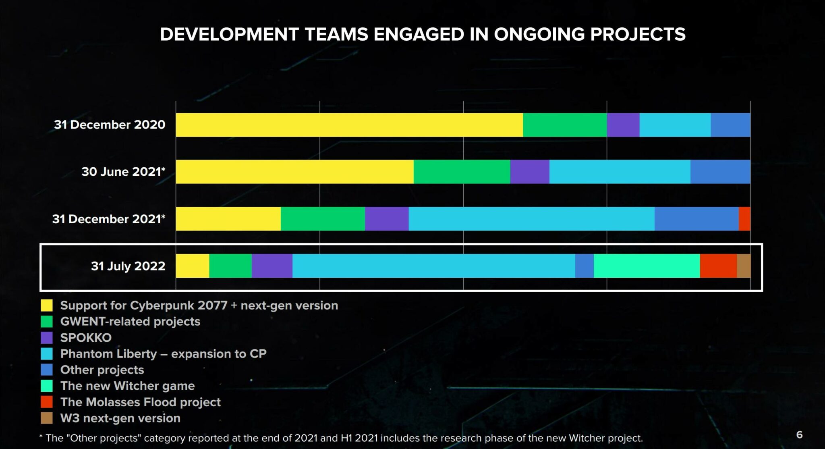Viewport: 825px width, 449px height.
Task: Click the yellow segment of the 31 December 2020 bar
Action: point(349,125)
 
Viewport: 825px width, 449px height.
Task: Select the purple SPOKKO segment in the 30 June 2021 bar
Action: point(529,172)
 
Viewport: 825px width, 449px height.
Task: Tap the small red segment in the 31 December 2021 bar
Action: point(744,219)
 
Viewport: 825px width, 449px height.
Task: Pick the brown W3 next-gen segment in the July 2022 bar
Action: point(744,266)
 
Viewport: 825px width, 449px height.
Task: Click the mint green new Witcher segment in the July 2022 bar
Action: point(647,266)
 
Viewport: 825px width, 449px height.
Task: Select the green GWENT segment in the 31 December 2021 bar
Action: point(323,219)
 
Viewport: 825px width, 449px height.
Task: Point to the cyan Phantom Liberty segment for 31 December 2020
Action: point(675,125)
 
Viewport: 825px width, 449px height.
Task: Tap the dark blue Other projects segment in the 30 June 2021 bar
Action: point(720,172)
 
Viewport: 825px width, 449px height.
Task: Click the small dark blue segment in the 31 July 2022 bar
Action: point(584,266)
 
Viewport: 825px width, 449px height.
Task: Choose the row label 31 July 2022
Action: point(128,266)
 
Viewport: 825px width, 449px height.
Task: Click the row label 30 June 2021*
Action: point(123,172)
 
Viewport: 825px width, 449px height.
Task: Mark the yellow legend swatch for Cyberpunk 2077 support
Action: point(47,306)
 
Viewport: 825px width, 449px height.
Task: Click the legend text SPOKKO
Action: point(86,338)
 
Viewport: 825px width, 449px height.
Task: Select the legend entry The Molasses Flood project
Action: point(140,402)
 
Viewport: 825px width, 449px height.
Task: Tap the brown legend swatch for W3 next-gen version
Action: point(47,418)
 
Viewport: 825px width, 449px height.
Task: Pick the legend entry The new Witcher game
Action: point(127,386)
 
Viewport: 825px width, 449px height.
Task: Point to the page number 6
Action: point(799,435)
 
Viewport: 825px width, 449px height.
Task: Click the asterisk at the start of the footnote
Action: point(41,437)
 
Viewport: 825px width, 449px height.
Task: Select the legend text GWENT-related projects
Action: point(130,322)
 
